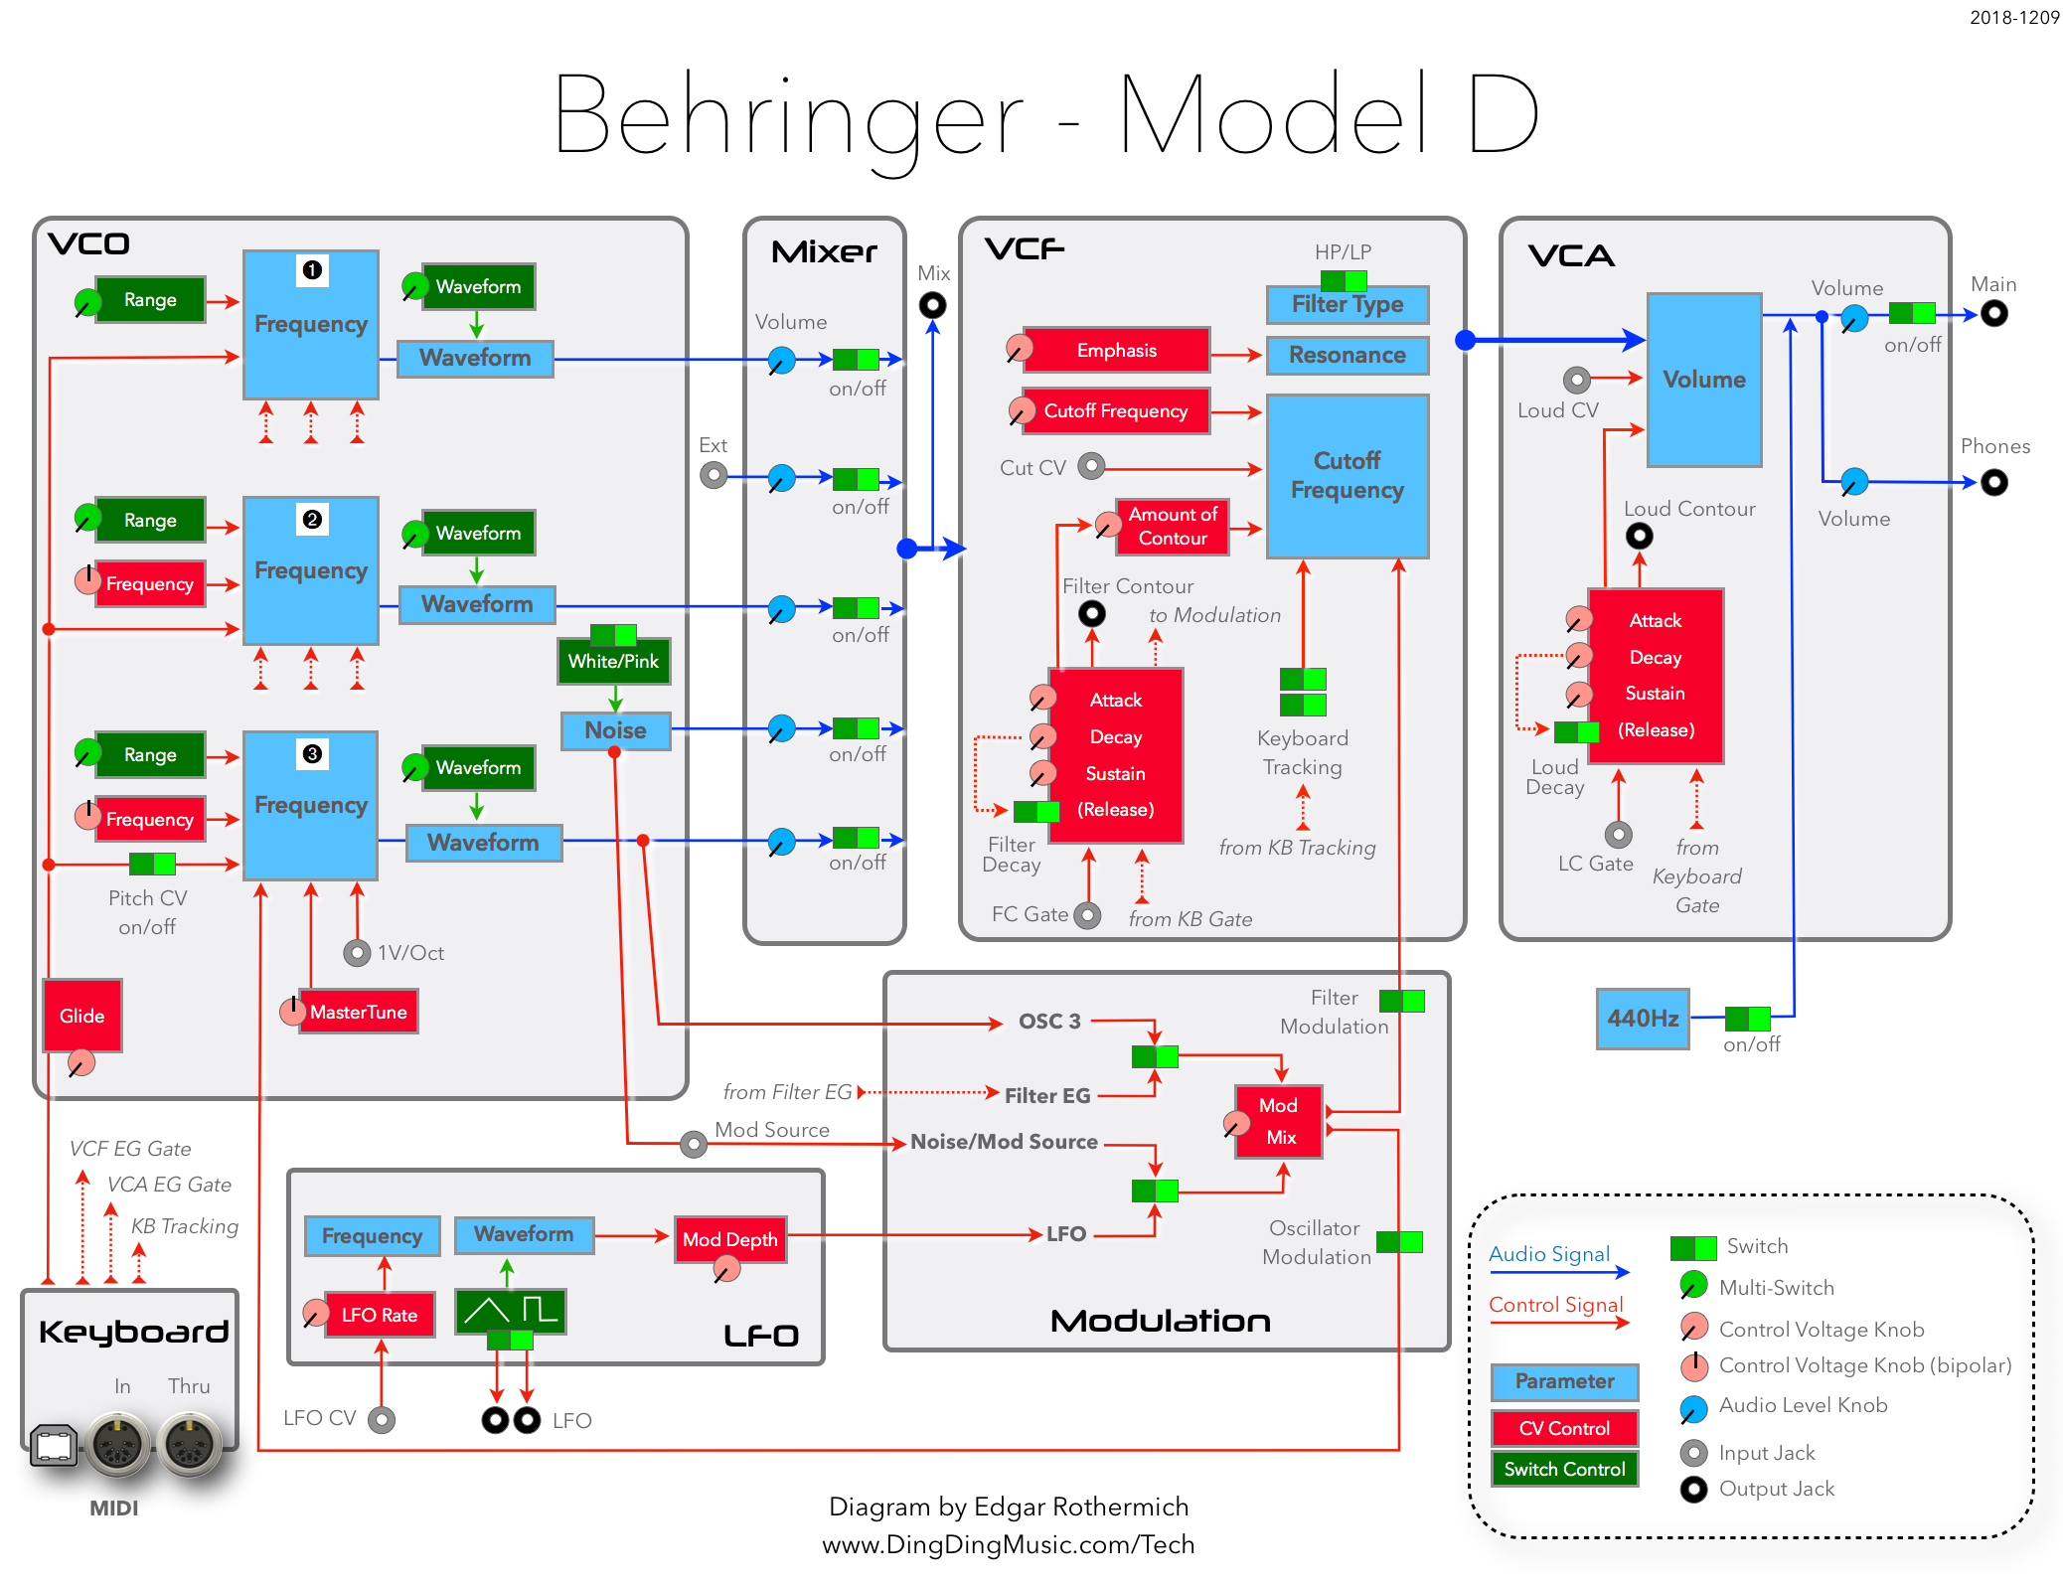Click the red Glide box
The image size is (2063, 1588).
[x=81, y=1016]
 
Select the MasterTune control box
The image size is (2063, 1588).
[x=358, y=1012]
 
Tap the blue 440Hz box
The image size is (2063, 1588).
[x=1643, y=1019]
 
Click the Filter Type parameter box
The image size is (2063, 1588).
[x=1348, y=304]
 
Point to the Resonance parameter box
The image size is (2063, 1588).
[x=1348, y=356]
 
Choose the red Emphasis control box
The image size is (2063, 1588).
[x=1116, y=351]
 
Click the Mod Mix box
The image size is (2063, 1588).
[x=1279, y=1121]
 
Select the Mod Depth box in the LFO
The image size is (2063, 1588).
[x=730, y=1239]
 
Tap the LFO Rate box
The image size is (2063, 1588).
[x=380, y=1315]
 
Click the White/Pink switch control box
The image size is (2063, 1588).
[x=613, y=662]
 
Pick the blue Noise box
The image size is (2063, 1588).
[x=615, y=730]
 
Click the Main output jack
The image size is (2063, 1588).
[x=1993, y=314]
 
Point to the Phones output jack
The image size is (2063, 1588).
[x=1993, y=483]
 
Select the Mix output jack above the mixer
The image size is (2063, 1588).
[x=932, y=305]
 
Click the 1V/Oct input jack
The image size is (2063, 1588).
[x=357, y=953]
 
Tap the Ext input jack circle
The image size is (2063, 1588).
[x=714, y=475]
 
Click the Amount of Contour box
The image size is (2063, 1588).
[x=1173, y=527]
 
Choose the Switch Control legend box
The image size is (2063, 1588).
[x=1564, y=1469]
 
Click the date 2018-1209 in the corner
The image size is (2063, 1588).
[x=2014, y=18]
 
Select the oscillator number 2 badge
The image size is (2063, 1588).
[x=312, y=519]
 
